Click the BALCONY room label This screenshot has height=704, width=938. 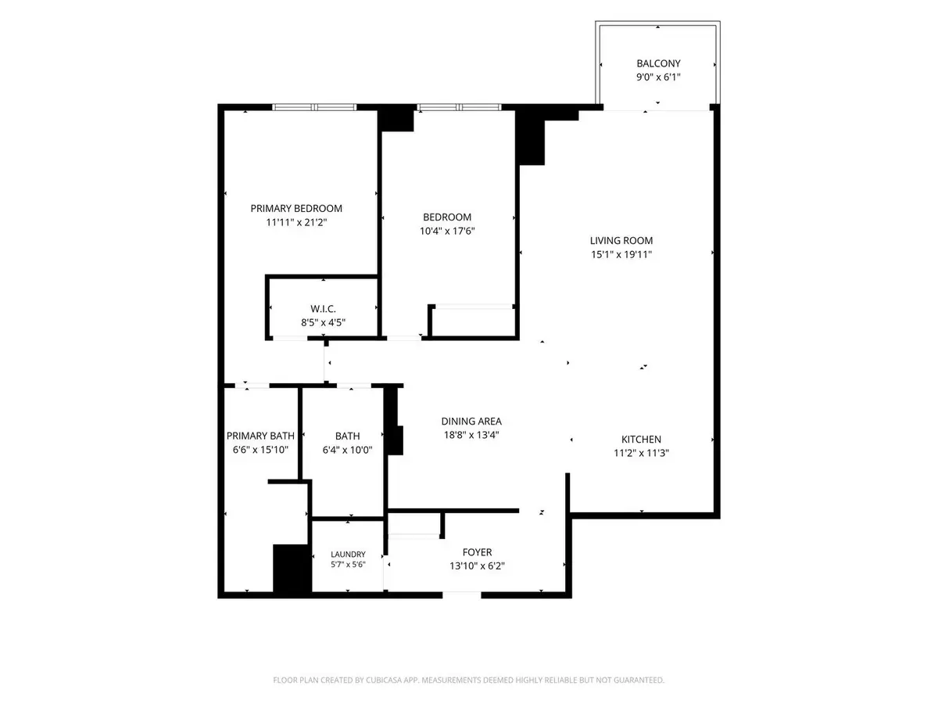[658, 63]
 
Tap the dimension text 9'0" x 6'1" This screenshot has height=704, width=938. [658, 77]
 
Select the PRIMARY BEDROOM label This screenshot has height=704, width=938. [296, 209]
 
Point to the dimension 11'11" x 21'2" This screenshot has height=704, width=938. [296, 222]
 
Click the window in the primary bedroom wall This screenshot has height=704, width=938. [314, 107]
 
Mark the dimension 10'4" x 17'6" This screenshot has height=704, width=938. [447, 231]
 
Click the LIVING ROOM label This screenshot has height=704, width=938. [621, 241]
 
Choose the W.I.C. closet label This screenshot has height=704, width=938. [323, 309]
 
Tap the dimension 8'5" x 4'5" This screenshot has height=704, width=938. [323, 322]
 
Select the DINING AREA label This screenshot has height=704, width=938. [471, 422]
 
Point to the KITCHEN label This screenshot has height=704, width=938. [641, 440]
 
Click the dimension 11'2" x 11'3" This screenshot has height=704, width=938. [641, 453]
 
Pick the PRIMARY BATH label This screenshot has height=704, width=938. [260, 436]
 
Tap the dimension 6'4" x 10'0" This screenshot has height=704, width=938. [347, 450]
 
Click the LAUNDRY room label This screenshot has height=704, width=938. [348, 555]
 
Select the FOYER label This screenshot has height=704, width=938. [477, 552]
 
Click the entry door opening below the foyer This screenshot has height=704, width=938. [461, 595]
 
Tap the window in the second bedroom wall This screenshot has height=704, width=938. [459, 107]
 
